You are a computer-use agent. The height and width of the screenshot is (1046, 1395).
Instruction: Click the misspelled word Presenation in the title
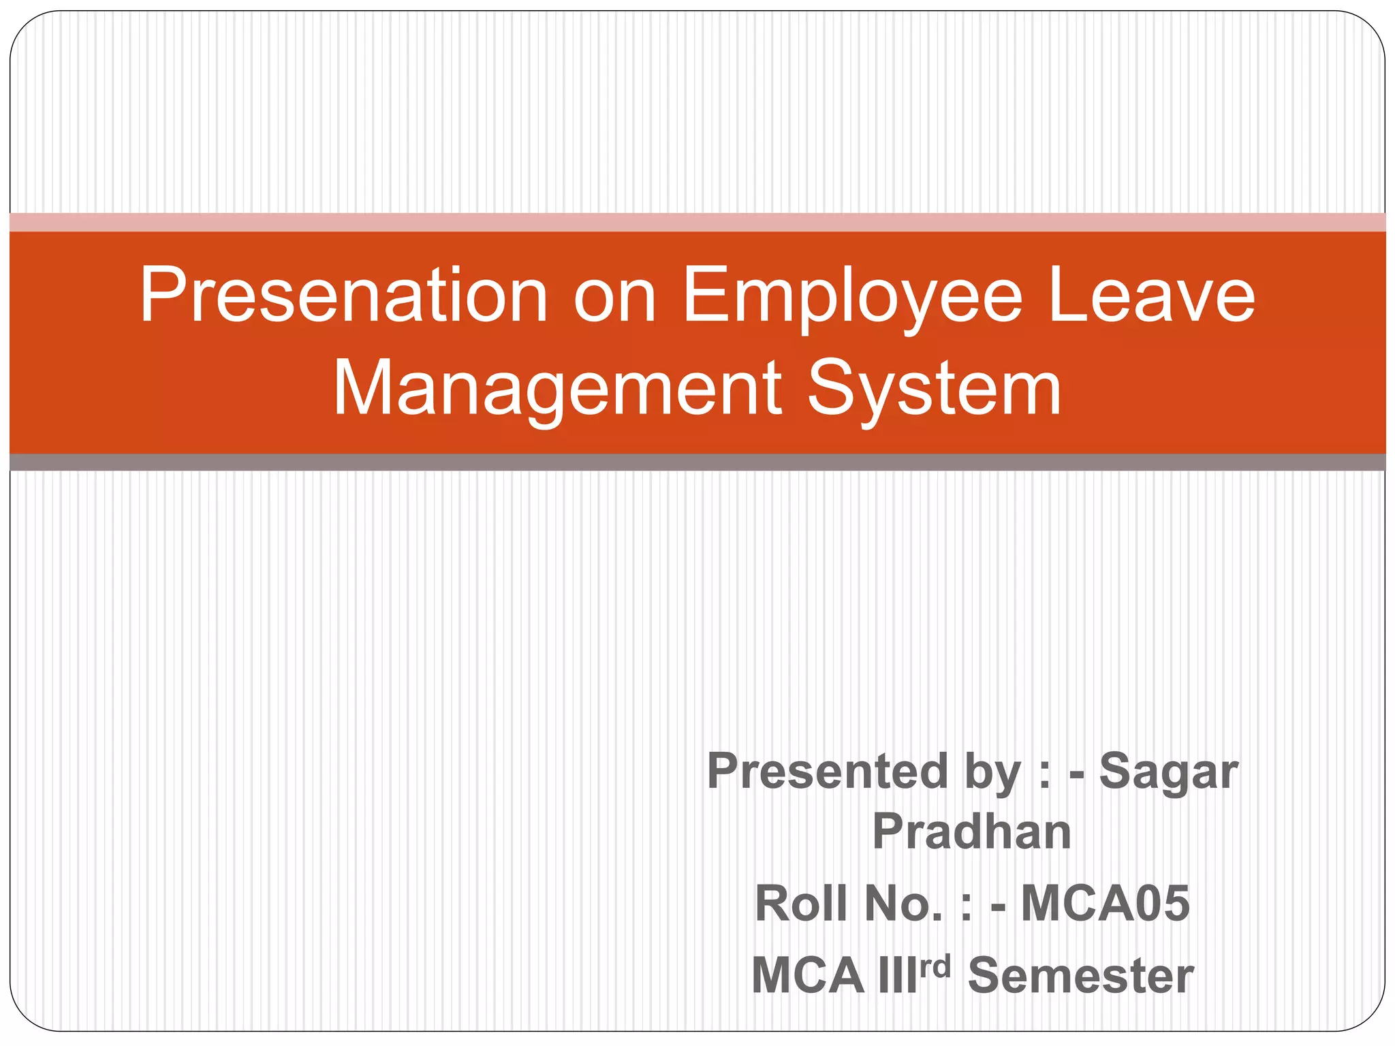(x=344, y=296)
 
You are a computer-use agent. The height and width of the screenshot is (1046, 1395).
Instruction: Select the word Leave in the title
(x=1151, y=296)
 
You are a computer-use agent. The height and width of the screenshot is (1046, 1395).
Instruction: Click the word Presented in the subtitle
(x=828, y=772)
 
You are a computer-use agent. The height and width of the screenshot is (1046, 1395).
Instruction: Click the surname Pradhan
(x=972, y=832)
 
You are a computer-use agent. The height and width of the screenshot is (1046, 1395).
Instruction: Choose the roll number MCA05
(x=1106, y=904)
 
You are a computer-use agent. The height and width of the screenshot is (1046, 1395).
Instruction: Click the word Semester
(x=1080, y=976)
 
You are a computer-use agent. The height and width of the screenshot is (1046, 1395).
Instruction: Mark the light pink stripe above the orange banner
(x=697, y=223)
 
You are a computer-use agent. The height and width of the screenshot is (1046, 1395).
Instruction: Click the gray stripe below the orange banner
(x=697, y=462)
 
